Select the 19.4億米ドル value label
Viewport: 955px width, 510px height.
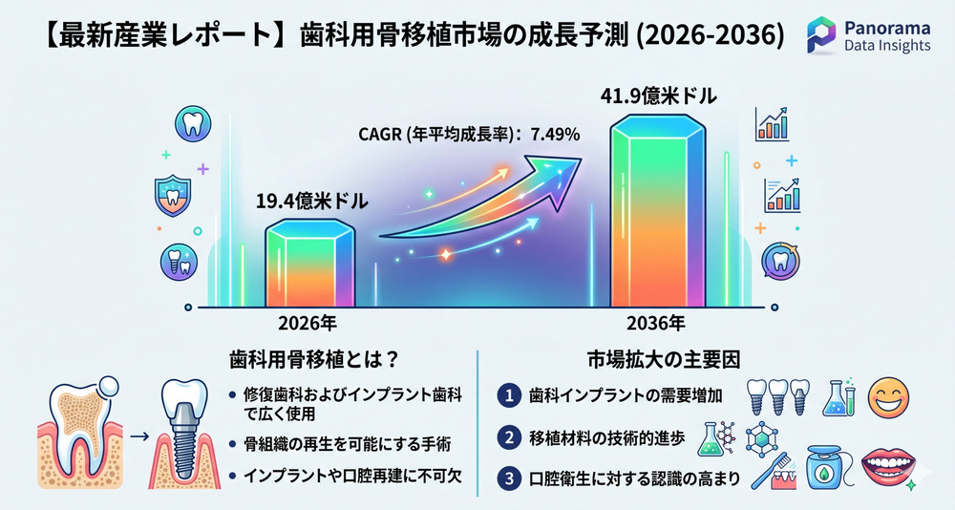tap(310, 202)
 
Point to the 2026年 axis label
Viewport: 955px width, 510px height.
tap(308, 324)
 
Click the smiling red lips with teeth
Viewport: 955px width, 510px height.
tap(892, 467)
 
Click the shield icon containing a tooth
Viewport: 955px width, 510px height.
tap(174, 196)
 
